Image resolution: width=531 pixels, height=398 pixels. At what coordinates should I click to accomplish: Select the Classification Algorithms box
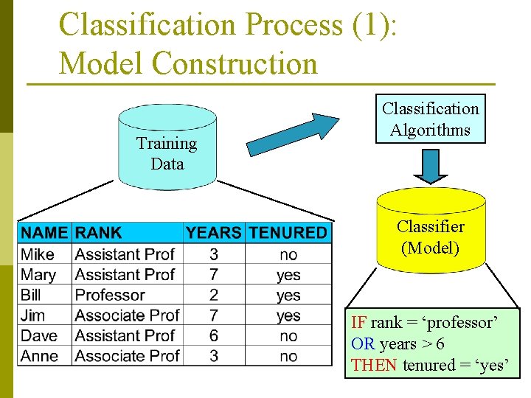click(x=430, y=119)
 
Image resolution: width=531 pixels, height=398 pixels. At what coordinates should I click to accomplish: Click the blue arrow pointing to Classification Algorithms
click(x=292, y=133)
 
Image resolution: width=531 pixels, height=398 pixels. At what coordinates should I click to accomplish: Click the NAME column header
click(x=44, y=233)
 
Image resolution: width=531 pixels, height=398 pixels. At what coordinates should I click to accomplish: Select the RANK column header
click(x=98, y=233)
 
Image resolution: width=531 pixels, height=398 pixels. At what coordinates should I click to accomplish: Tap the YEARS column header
click(x=213, y=233)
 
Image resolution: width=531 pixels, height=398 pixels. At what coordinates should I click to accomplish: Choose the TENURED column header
click(x=288, y=233)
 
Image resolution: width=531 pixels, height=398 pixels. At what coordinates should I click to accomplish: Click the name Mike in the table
click(x=38, y=254)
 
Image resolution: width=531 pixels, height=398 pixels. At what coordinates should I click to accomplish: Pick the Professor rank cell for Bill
click(x=110, y=295)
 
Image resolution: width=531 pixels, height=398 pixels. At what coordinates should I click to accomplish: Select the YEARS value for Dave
click(x=213, y=335)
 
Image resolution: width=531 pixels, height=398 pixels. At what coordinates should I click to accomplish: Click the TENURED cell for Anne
click(x=288, y=356)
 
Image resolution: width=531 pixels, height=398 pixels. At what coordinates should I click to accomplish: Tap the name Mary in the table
click(x=38, y=275)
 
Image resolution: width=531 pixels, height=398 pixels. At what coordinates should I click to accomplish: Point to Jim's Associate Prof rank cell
click(x=127, y=315)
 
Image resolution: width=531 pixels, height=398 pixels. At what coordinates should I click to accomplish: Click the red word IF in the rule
click(x=358, y=323)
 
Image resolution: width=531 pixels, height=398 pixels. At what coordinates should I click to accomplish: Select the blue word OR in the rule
click(x=363, y=343)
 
